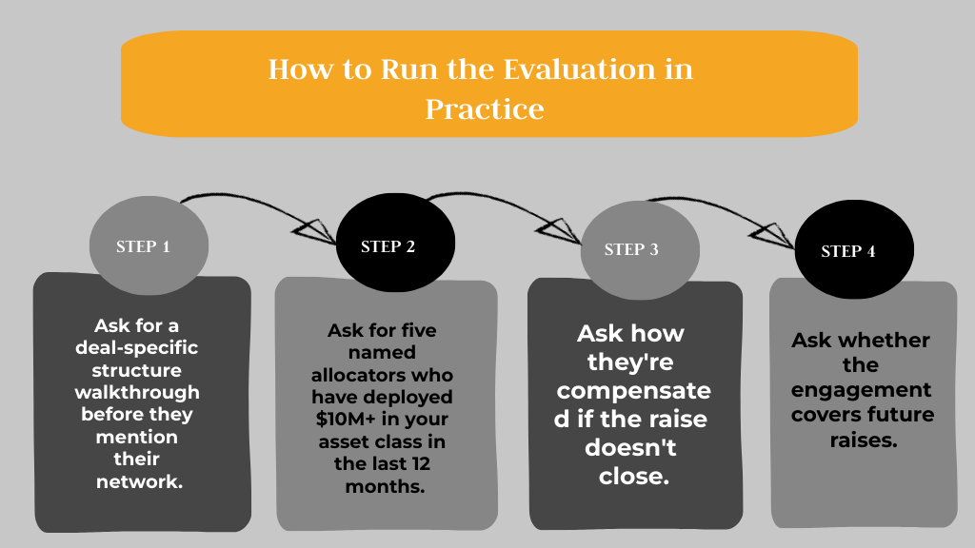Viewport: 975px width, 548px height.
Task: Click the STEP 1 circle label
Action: (x=143, y=246)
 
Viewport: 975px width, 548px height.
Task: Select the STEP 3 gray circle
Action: (x=631, y=249)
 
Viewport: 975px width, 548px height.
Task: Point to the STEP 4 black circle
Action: (x=848, y=251)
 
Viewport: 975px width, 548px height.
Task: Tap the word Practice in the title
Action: (x=485, y=108)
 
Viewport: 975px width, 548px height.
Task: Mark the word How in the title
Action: (x=296, y=69)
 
